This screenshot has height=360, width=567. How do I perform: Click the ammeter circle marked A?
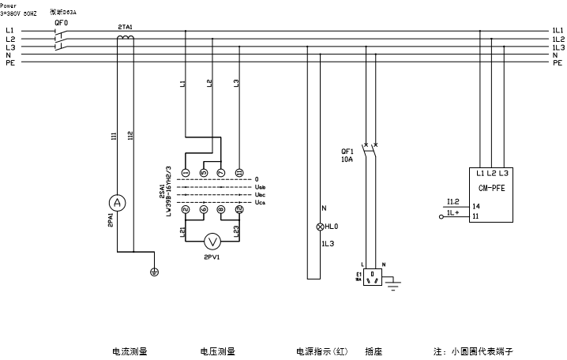117,204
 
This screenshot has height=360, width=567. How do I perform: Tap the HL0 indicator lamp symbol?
321,227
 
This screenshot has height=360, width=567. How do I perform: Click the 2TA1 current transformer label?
125,27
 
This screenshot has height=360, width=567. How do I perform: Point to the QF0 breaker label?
60,23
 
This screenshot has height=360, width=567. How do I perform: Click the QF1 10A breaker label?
347,156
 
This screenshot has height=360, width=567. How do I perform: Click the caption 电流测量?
130,351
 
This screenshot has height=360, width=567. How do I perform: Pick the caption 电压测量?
217,351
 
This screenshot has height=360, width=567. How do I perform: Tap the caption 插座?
374,351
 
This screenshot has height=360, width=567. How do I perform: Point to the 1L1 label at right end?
558,31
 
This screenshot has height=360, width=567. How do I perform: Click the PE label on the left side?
9,62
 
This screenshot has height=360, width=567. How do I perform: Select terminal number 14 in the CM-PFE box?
475,205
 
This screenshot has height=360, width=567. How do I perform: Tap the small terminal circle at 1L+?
440,214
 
